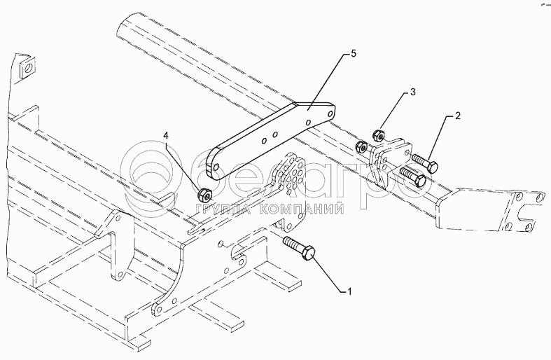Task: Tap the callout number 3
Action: coord(413,92)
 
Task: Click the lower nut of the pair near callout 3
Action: coord(362,147)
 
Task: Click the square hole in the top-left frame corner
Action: coord(26,68)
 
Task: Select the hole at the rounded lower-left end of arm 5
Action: coord(218,167)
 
